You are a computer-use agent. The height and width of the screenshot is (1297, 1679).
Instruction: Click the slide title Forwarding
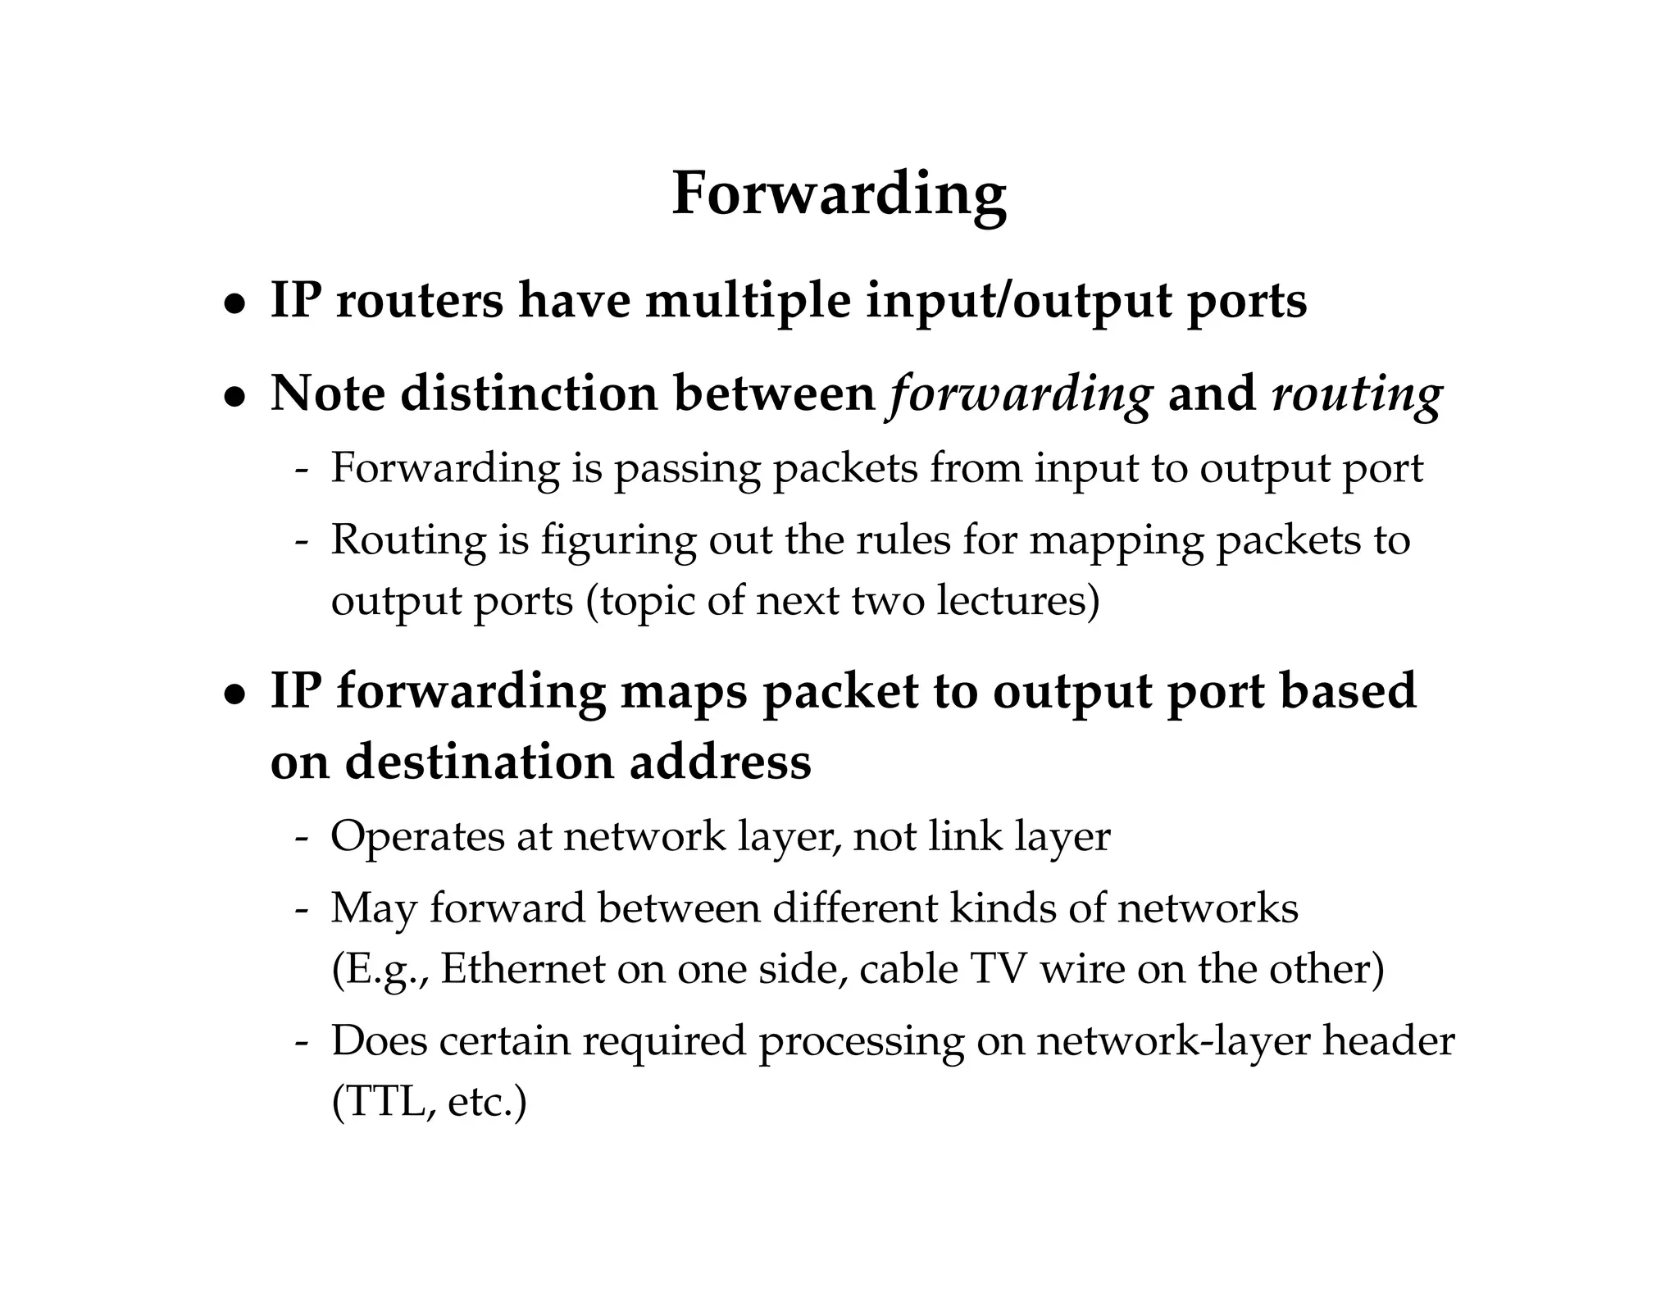pyautogui.click(x=839, y=195)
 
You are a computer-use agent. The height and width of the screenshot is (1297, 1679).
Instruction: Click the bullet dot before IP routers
pyautogui.click(x=235, y=304)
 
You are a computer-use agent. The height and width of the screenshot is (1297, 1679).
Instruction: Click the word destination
pyautogui.click(x=479, y=762)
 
